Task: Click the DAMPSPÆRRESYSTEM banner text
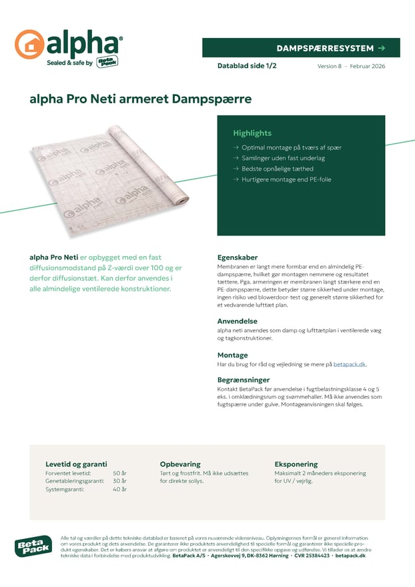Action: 324,48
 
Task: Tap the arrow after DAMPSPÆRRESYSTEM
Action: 381,48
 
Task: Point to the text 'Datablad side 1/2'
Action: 247,66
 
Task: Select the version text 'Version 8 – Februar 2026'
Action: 351,66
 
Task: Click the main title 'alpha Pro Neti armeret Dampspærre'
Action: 140,99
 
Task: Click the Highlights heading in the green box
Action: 252,133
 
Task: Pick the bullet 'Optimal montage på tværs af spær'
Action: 291,147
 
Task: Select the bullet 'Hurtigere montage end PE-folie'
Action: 286,179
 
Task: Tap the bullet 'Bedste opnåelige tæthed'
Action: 277,169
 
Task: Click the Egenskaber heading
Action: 238,257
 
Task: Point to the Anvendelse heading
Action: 237,321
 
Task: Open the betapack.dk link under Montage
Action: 350,364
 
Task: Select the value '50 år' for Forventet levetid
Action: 120,473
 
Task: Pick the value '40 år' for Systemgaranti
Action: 120,489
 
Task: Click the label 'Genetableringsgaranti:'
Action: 75,481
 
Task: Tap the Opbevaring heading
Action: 179,464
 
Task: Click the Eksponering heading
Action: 296,464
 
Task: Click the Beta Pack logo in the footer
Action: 33,546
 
